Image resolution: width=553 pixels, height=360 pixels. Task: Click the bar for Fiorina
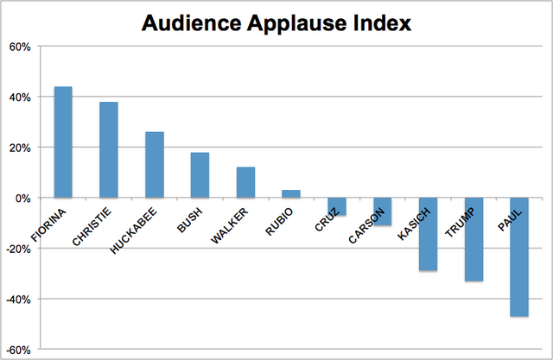[63, 142]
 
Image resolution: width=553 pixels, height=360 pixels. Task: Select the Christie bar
[109, 149]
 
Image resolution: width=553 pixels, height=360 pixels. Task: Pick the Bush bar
[200, 175]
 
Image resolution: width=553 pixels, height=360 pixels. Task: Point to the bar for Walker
[245, 182]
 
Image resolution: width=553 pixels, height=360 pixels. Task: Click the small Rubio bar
[291, 194]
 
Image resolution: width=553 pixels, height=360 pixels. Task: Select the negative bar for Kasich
[428, 234]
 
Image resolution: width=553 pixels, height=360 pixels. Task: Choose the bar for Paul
[518, 257]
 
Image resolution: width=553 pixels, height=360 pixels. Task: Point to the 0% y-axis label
[23, 198]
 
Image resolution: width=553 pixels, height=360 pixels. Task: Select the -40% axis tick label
[18, 300]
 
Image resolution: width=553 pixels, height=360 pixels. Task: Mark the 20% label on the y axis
[21, 148]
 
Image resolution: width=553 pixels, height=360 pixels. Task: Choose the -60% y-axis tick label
[18, 350]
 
